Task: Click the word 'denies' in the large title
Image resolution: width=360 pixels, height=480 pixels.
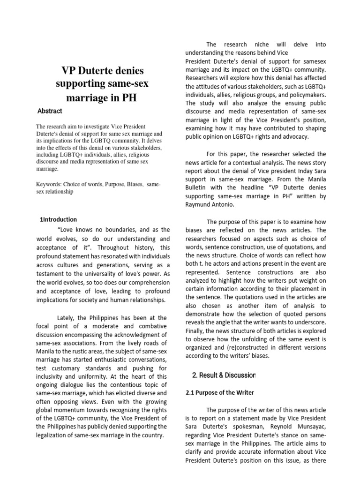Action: coord(127,70)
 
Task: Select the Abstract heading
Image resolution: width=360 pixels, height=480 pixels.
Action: coord(50,111)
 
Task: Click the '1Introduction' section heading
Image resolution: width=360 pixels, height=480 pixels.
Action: coord(59,219)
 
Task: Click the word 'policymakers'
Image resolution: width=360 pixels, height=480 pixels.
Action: coord(305,95)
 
